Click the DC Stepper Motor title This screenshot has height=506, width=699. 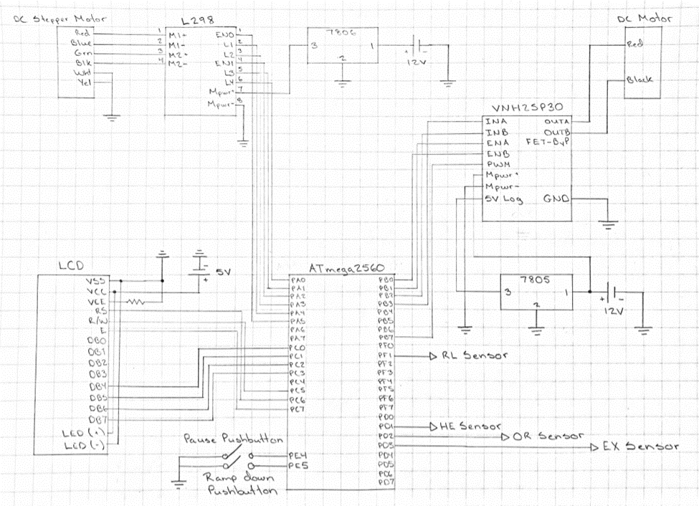coord(54,20)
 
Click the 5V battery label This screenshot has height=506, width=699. coord(222,272)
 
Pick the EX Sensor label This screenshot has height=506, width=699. coord(639,447)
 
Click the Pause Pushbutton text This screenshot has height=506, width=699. coord(232,439)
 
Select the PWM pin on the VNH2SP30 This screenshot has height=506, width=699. coord(497,164)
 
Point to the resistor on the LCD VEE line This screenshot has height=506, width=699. coord(134,302)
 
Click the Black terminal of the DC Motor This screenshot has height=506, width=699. coord(639,80)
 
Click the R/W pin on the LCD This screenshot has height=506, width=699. coord(98,322)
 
